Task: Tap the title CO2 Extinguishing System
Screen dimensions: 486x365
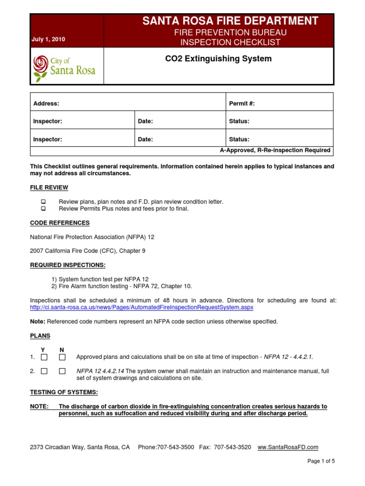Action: click(x=218, y=59)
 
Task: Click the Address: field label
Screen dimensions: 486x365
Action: click(x=46, y=103)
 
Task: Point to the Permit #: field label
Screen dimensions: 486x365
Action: click(x=242, y=103)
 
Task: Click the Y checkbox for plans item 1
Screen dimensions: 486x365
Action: click(x=44, y=357)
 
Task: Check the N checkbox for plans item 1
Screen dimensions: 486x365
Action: click(x=62, y=357)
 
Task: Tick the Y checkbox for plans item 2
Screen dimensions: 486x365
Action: click(x=44, y=371)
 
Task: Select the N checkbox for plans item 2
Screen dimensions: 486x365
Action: click(x=62, y=371)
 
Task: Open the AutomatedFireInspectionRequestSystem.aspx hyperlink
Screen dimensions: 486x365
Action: click(x=142, y=307)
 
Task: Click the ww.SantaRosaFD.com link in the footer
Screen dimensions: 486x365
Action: click(x=288, y=447)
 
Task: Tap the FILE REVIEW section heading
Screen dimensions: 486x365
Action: click(x=49, y=187)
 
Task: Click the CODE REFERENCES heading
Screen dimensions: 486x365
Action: click(x=60, y=223)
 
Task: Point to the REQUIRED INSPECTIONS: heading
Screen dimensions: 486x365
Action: click(x=68, y=265)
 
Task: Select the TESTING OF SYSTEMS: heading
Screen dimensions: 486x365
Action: click(x=64, y=393)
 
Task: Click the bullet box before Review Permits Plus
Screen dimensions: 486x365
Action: click(x=43, y=209)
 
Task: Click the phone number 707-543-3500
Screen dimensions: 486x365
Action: click(x=176, y=447)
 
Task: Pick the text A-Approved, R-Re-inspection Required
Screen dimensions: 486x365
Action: click(x=275, y=150)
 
